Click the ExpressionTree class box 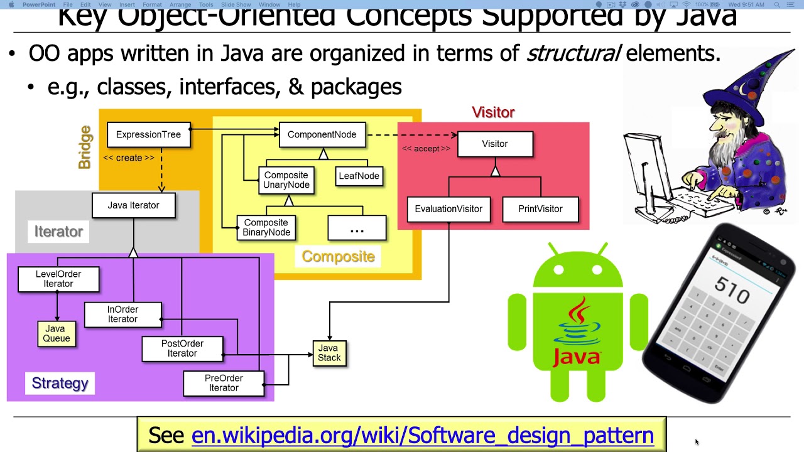[148, 135]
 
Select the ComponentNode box [322, 135]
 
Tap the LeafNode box [359, 176]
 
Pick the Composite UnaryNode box [286, 180]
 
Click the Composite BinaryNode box [266, 227]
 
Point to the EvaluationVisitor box [448, 209]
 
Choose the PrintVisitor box [540, 209]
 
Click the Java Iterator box [133, 205]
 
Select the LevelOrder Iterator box [58, 279]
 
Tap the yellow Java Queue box [56, 333]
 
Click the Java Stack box [329, 353]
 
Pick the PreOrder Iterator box [224, 383]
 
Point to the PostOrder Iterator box [182, 349]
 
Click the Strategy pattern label [60, 383]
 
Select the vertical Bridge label [85, 148]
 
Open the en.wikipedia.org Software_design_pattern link [422, 435]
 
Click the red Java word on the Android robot [577, 357]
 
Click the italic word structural [573, 54]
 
